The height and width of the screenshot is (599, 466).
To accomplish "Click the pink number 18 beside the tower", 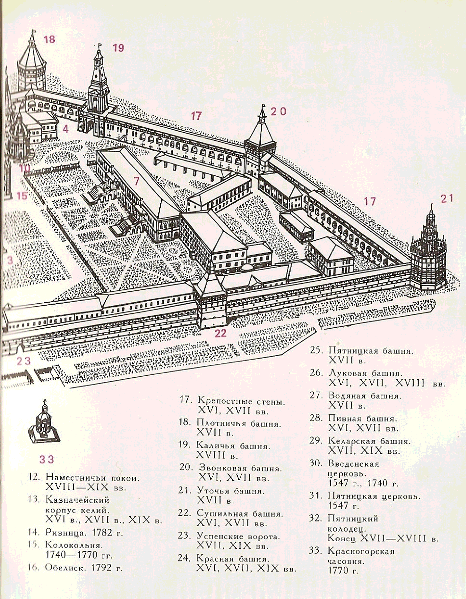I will [49, 39].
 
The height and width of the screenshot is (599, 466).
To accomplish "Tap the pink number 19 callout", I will [118, 48].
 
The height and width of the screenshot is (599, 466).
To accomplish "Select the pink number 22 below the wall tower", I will [220, 333].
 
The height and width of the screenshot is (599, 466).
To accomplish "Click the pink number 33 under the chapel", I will [47, 459].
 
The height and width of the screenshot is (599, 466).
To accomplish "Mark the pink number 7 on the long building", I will [136, 181].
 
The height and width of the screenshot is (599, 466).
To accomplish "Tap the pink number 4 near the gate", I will [65, 129].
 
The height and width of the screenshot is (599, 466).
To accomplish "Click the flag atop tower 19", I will [100, 47].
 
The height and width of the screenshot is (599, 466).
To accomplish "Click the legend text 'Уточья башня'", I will [231, 491].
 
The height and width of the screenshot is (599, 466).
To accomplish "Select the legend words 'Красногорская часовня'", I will [361, 556].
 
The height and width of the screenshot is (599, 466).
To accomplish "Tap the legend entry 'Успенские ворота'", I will [238, 536].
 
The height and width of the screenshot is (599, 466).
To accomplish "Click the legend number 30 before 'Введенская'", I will [316, 463].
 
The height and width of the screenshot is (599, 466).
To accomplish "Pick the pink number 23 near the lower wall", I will [23, 361].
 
